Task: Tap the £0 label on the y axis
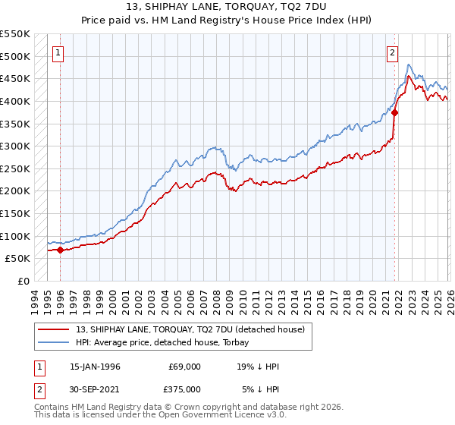(x=22, y=281)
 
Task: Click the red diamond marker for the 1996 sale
(x=60, y=250)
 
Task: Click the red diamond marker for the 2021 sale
(x=395, y=112)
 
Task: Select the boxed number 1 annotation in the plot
(x=59, y=53)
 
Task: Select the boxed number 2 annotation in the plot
(x=392, y=53)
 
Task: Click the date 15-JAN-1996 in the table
(x=95, y=367)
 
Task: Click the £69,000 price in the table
(x=184, y=367)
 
